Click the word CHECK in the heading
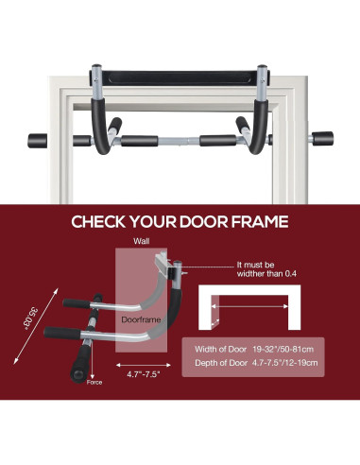tap(104, 224)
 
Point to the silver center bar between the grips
tap(180, 142)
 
